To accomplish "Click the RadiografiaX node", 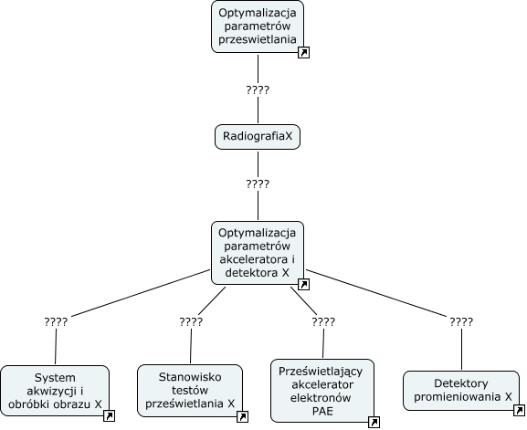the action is coord(258,137).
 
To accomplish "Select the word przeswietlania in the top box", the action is coord(258,39).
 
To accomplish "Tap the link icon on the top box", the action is coord(303,52).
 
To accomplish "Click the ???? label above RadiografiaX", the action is coord(258,90).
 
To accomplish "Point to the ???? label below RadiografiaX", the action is coord(258,184).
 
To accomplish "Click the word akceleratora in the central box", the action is coord(253,259).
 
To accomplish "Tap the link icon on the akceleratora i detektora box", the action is coord(303,284).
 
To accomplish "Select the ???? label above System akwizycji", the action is coord(56,322).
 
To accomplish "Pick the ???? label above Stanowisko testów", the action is coord(191,322).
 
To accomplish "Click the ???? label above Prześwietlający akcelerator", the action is coord(323,322).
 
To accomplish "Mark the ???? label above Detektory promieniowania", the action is coord(461,322).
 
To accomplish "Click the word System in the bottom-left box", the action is coord(55,378).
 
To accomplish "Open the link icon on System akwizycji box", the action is coord(110,416).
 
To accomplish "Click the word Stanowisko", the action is coord(190,377).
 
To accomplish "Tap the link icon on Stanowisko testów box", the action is coord(242,416).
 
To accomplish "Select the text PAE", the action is coord(322,411).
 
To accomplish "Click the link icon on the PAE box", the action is coord(374,422).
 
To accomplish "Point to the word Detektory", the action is coord(461,383).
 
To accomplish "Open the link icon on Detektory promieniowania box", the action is coord(520,410).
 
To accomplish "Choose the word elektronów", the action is coord(321,398).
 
